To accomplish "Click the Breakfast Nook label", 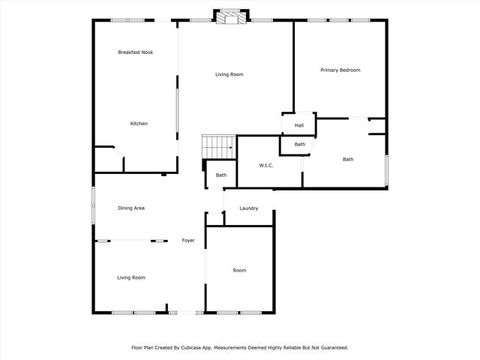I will tap(136, 52).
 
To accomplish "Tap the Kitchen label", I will tap(139, 124).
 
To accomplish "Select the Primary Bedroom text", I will tap(340, 70).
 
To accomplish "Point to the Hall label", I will tap(298, 125).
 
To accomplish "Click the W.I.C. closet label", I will tap(265, 165).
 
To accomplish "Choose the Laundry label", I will tap(249, 208).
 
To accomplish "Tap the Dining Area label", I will tap(131, 208).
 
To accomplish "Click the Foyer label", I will tap(188, 241).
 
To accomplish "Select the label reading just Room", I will tap(239, 270).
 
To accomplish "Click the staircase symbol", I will tap(218, 148).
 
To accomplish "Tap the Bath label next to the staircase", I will tap(221, 175).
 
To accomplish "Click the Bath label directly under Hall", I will tap(299, 144).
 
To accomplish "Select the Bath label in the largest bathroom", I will tap(348, 159).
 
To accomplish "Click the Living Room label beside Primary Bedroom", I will tap(229, 74).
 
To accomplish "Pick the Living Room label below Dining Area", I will tap(131, 277).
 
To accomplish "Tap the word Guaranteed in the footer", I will tap(331, 348).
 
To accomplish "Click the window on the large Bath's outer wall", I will tap(387, 170).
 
